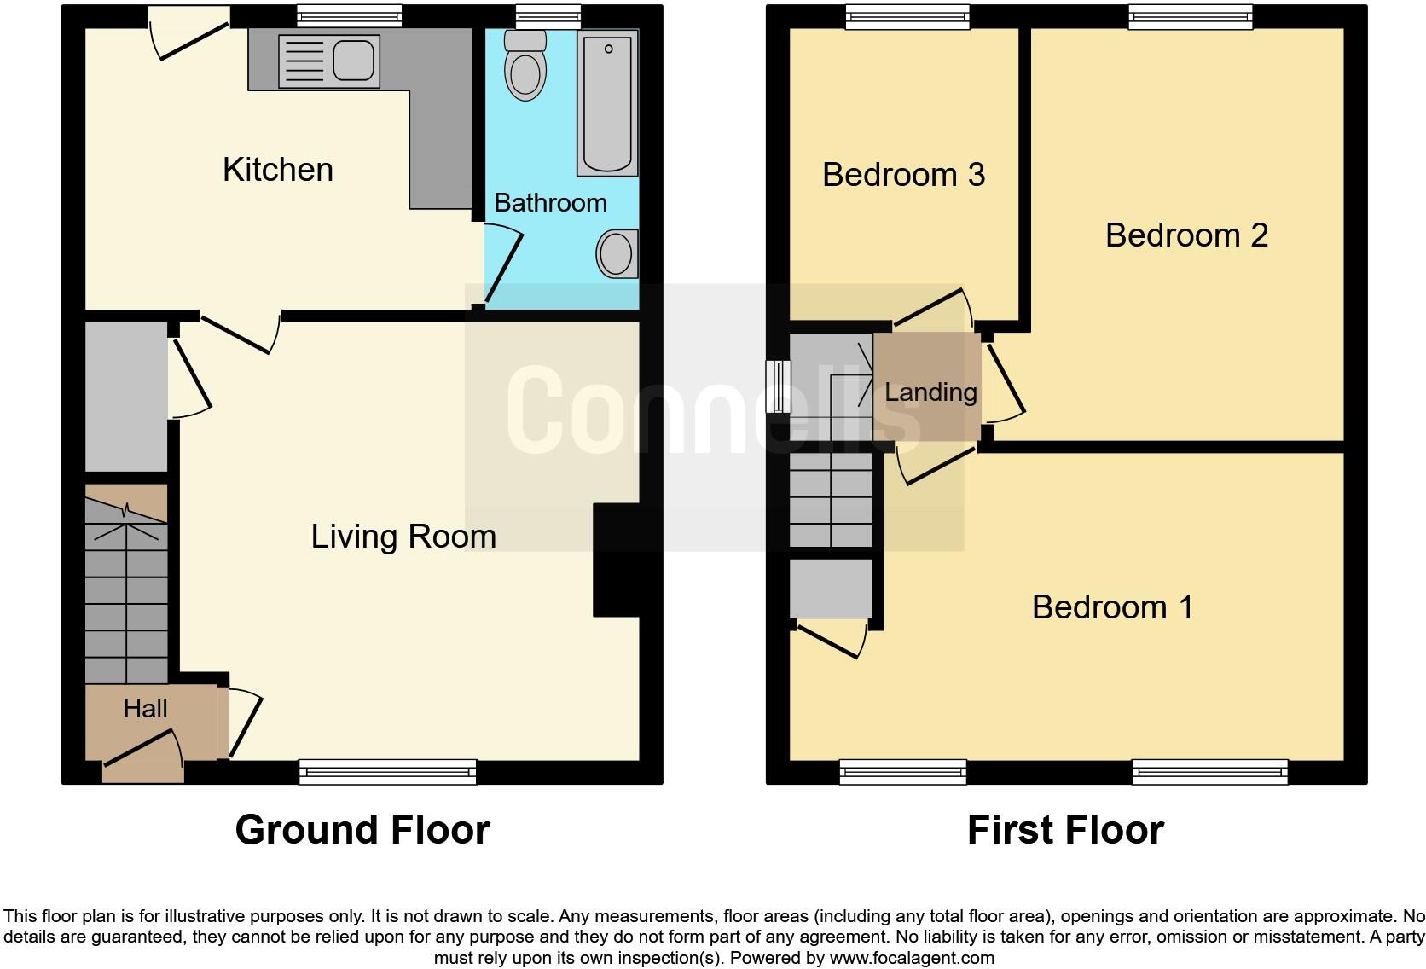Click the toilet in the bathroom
coord(525,67)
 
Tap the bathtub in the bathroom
coord(607,102)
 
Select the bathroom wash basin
coord(617,253)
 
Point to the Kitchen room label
coord(277,170)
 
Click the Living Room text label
coord(403,537)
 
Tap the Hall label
coord(145,708)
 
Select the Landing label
coord(930,392)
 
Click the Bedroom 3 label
coord(903,175)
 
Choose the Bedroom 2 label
coord(1186,235)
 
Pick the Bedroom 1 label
coord(1112,607)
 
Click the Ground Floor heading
coord(362,830)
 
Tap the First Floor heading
coord(1065,830)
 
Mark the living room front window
coord(387,772)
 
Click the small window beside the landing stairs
coord(777,386)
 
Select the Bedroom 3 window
coord(907,17)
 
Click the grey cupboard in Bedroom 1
coord(831,589)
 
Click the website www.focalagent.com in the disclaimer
coord(911,958)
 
